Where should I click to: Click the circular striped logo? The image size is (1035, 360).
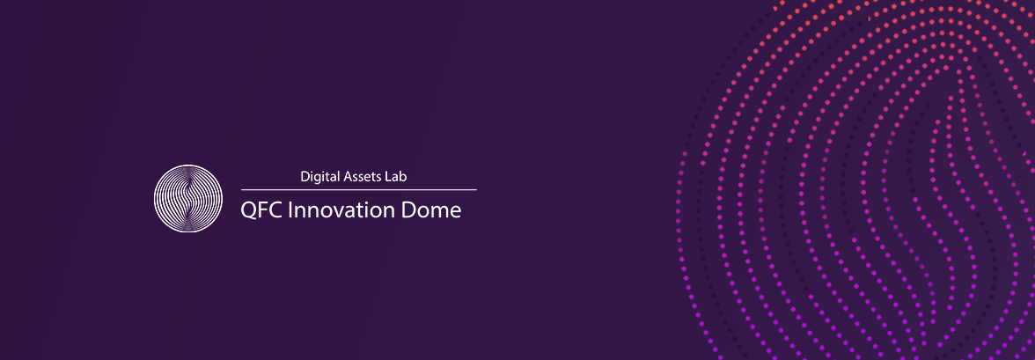pos(188,198)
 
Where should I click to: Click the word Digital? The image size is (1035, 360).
pos(320,177)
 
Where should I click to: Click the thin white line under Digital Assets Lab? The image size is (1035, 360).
pos(358,189)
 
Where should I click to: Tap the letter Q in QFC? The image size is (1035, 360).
pos(249,211)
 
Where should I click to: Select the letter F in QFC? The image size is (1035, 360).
pos(264,210)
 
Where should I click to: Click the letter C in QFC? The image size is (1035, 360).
pos(277,210)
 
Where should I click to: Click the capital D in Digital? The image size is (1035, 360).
pos(305,177)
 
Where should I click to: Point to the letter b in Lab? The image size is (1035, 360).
pos(404,176)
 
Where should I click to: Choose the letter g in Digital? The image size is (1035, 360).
pos(319,179)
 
